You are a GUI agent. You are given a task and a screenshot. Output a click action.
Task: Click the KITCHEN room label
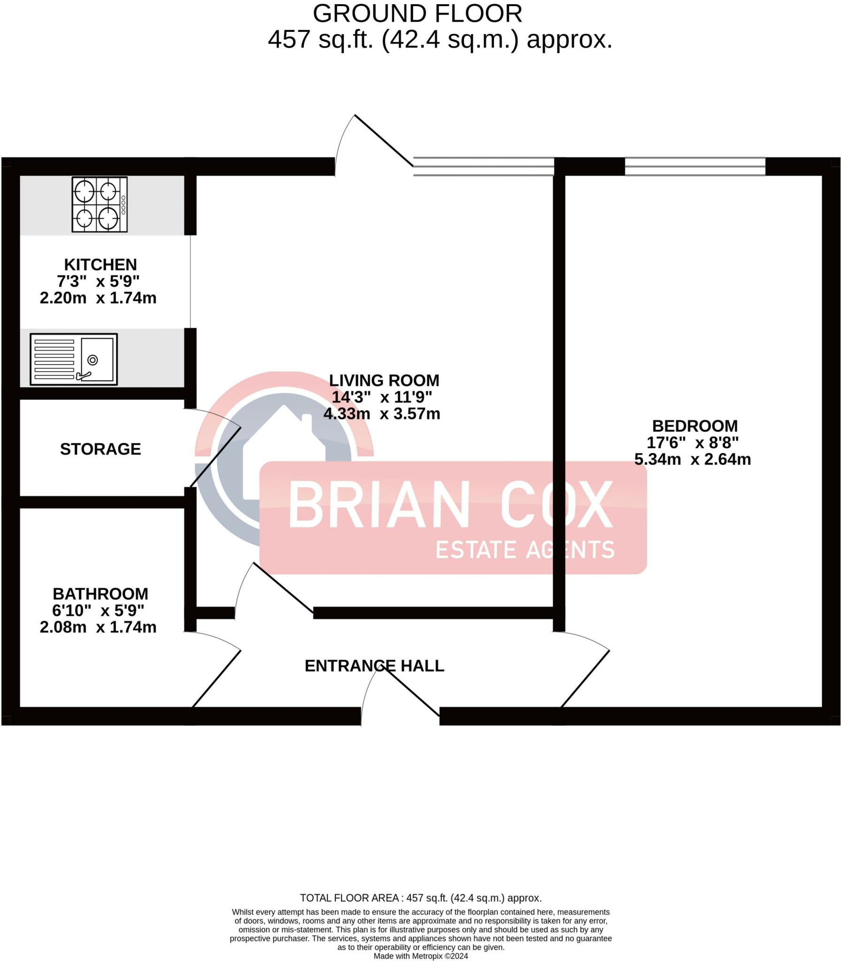click(x=100, y=265)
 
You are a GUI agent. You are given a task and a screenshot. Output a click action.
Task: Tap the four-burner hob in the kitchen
click(x=99, y=204)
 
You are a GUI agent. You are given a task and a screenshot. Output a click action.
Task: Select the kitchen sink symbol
click(x=74, y=359)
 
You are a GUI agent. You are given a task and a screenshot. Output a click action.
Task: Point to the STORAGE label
click(x=100, y=449)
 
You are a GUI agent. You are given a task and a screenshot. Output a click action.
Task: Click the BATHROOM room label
click(x=100, y=594)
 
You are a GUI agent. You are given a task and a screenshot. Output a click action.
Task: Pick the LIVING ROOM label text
click(x=384, y=380)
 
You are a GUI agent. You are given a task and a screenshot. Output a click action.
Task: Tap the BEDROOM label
click(x=694, y=426)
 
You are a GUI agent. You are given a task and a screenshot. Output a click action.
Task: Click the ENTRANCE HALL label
click(x=374, y=665)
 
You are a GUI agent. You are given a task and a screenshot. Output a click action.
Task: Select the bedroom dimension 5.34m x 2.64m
click(x=693, y=459)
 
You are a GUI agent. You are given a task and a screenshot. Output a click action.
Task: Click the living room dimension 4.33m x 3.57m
click(x=382, y=414)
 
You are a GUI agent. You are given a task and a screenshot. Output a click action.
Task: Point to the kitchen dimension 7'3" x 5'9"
click(x=98, y=281)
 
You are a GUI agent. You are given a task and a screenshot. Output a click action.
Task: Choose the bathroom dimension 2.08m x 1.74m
click(x=98, y=627)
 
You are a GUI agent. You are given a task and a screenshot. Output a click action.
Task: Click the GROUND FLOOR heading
click(x=417, y=14)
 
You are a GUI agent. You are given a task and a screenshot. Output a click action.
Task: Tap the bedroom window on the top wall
click(x=694, y=167)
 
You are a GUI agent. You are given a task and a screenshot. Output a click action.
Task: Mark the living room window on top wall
click(x=483, y=167)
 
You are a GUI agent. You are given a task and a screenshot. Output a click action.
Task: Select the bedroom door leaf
click(x=585, y=679)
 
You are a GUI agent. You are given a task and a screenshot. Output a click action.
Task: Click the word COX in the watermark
click(x=556, y=504)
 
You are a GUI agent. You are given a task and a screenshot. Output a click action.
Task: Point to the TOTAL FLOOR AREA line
click(x=421, y=898)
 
